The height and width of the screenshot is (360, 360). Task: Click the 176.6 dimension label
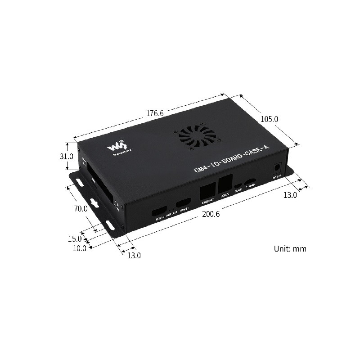(154, 113)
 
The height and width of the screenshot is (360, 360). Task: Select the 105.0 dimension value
(270, 119)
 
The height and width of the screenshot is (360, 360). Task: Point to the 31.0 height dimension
(67, 157)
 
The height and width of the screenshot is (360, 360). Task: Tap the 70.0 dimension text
(81, 208)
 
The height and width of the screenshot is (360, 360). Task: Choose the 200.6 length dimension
(210, 214)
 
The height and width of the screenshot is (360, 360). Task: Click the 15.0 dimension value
(75, 238)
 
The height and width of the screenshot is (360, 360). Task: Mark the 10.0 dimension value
(79, 247)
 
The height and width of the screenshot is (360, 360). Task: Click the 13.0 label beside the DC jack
(289, 195)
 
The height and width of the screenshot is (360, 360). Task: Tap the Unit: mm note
(290, 248)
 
